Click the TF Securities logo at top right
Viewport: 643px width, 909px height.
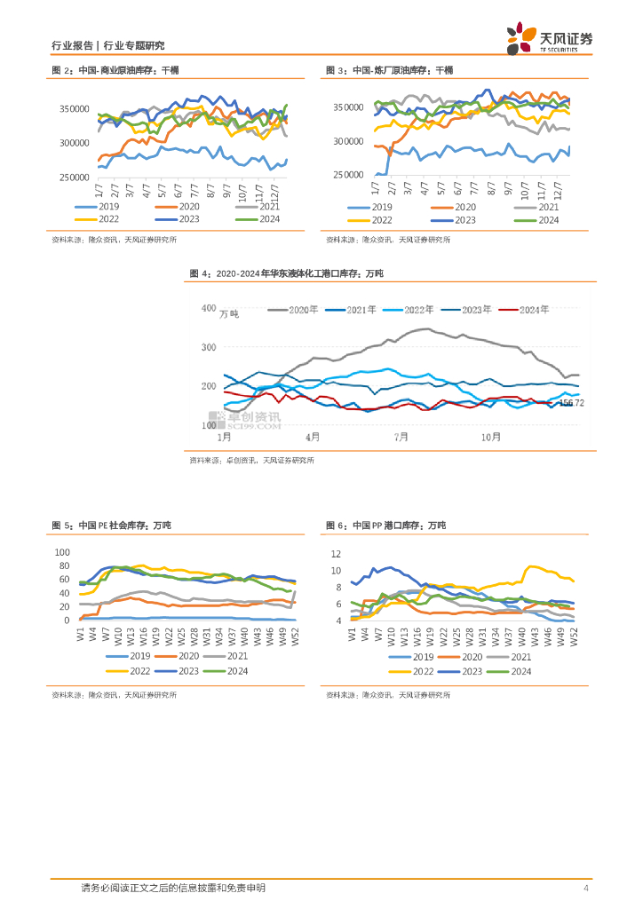pos(551,36)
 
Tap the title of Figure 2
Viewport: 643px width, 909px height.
pos(115,70)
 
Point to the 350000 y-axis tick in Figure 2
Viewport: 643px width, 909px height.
pos(75,108)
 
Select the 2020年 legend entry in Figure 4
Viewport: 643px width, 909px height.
pos(290,310)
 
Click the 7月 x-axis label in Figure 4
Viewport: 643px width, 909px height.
pos(402,437)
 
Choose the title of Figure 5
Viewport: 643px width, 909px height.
pos(111,526)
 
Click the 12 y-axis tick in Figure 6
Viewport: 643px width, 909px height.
pos(336,553)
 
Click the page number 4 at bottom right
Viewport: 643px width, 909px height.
pos(585,889)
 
